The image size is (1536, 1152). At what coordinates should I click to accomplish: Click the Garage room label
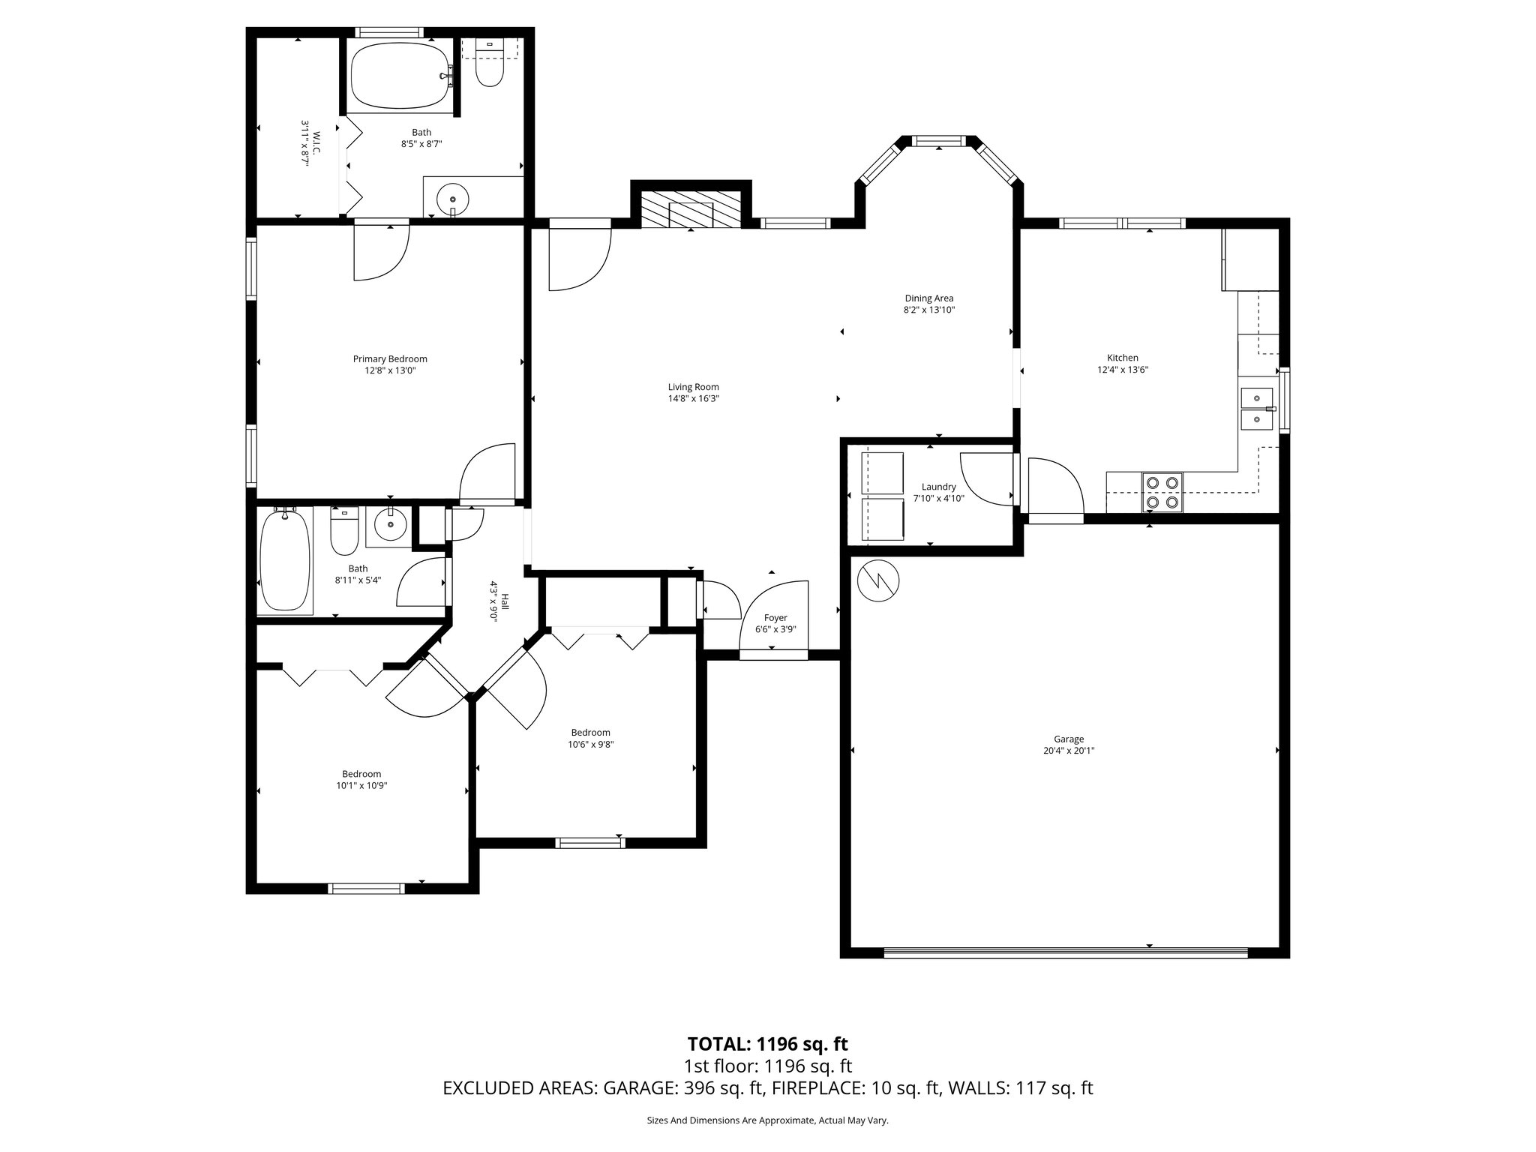tap(1068, 739)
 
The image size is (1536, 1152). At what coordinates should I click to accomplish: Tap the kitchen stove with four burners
tap(1162, 493)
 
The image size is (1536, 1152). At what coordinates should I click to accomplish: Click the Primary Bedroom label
tap(390, 358)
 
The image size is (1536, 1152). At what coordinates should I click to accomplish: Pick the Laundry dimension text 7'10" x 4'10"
tap(938, 498)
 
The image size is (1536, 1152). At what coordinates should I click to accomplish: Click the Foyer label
tap(775, 618)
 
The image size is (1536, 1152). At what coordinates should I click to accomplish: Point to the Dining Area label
tap(928, 298)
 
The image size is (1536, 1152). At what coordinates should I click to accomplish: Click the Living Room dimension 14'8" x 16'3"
tap(693, 399)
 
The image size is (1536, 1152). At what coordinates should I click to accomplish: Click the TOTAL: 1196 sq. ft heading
tap(767, 1044)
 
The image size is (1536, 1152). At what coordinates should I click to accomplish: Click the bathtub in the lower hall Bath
tap(284, 559)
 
